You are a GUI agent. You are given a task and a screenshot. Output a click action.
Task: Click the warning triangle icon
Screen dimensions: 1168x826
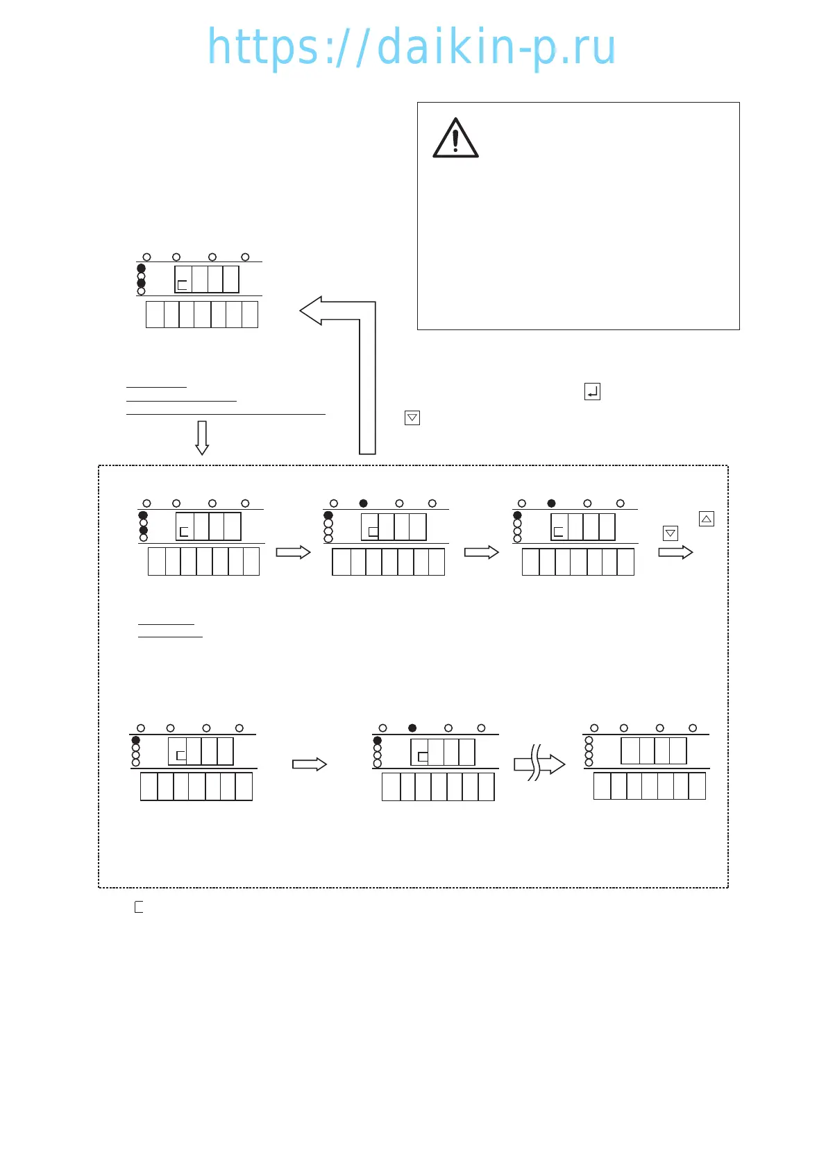pyautogui.click(x=455, y=139)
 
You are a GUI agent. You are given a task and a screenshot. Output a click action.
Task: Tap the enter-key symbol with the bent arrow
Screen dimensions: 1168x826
pyautogui.click(x=592, y=392)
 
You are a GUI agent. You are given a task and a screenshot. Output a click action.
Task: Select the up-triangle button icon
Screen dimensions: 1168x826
pyautogui.click(x=706, y=519)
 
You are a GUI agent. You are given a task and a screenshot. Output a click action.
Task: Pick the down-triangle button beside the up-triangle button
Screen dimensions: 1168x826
pyautogui.click(x=671, y=533)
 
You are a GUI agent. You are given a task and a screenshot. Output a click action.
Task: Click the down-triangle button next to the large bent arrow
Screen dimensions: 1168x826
pyautogui.click(x=412, y=418)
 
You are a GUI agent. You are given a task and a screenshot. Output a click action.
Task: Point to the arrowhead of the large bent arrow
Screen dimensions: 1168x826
pyautogui.click(x=312, y=311)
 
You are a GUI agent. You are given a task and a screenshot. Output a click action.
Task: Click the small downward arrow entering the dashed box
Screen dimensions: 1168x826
pyautogui.click(x=202, y=438)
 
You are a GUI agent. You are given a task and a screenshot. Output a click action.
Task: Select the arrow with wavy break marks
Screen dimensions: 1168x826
pyautogui.click(x=539, y=764)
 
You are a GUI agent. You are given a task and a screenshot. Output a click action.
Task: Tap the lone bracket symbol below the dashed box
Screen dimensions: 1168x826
pyautogui.click(x=139, y=907)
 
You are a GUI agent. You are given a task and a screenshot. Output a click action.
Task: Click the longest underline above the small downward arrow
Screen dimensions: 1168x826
pyautogui.click(x=226, y=414)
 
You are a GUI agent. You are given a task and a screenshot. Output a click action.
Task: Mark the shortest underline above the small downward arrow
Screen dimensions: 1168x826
pyautogui.click(x=156, y=386)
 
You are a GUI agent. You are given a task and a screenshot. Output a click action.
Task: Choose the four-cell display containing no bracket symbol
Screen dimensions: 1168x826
pyautogui.click(x=653, y=751)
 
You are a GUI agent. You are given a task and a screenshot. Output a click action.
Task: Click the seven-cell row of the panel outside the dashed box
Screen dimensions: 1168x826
pyautogui.click(x=202, y=314)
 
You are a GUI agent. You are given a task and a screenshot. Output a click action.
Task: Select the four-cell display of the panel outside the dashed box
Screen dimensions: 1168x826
pyautogui.click(x=207, y=280)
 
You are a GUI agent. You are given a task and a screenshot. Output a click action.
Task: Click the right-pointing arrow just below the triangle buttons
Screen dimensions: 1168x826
pyautogui.click(x=675, y=552)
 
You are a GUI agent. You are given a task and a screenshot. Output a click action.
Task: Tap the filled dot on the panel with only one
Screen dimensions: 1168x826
pyautogui.click(x=136, y=741)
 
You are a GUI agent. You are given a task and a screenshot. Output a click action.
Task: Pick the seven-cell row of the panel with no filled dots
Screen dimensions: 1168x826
pyautogui.click(x=650, y=787)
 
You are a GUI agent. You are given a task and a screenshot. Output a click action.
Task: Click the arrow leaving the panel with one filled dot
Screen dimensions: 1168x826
pyautogui.click(x=310, y=764)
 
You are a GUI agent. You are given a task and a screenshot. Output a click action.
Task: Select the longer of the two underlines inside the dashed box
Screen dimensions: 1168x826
pyautogui.click(x=170, y=636)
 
